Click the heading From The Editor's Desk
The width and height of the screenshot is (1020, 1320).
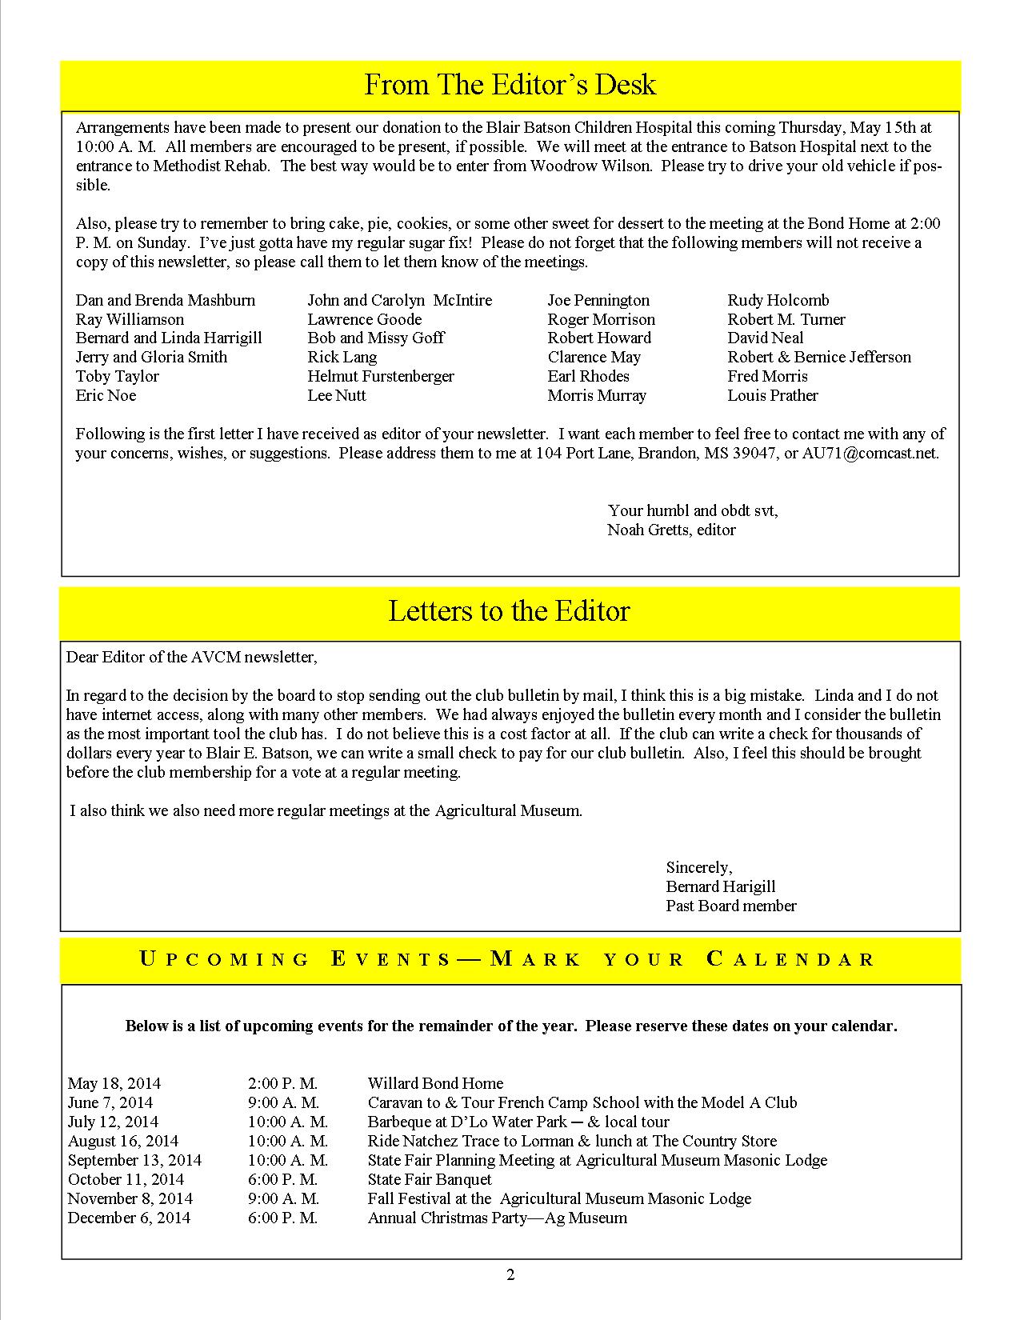coord(510,85)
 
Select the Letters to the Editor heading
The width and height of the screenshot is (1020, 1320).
coord(510,611)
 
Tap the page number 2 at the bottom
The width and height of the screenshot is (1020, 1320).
coord(510,1275)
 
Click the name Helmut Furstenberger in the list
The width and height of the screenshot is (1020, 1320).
coord(381,376)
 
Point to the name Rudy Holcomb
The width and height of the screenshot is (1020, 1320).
coord(778,300)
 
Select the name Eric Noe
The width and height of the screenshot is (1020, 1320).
coord(106,395)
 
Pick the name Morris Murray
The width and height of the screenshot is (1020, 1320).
coord(597,395)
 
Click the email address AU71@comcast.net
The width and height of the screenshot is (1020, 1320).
coord(870,453)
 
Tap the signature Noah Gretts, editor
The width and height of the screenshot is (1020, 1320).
coord(671,530)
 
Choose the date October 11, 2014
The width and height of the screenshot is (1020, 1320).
coord(126,1179)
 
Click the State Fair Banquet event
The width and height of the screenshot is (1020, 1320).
coord(430,1179)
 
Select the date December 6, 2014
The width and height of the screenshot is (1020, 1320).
coord(129,1218)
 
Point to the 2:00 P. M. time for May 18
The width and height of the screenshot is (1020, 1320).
coord(282,1083)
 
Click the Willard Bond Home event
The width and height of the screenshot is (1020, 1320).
coord(435,1083)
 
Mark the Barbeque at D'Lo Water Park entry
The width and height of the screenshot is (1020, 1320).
coord(518,1122)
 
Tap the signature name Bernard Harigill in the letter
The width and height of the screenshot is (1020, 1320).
coord(720,886)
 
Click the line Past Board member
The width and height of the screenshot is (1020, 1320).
coord(730,906)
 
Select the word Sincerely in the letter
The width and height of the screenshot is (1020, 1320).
coord(698,867)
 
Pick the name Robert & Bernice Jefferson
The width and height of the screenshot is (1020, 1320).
coord(819,357)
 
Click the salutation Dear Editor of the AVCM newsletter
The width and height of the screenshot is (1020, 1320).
coord(191,657)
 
